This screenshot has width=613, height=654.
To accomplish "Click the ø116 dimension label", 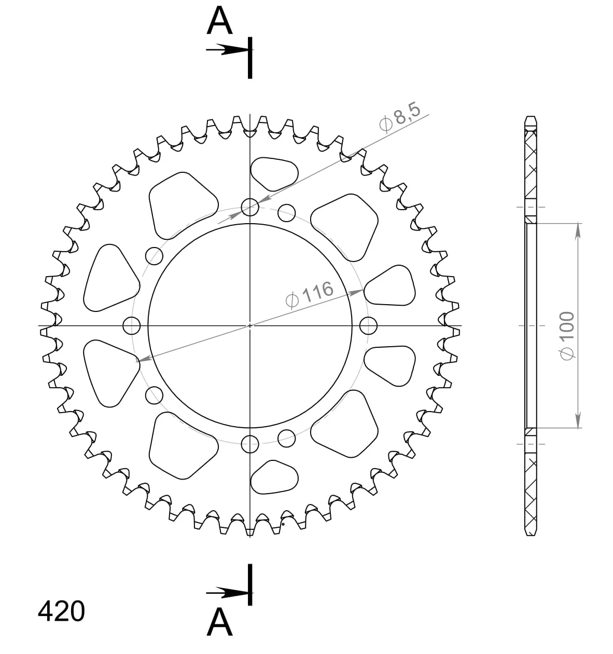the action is pos(309,294).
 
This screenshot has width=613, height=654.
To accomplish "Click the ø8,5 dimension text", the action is pos(400,117).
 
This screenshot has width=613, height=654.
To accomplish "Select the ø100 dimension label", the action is pos(567,335).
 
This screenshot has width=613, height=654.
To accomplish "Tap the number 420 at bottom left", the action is pos(61,611).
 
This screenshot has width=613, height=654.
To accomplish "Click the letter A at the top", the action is pos(219,20).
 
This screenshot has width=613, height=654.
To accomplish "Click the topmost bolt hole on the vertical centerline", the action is pos(250,207).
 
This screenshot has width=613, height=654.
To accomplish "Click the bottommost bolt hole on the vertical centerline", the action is pos(250,444).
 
